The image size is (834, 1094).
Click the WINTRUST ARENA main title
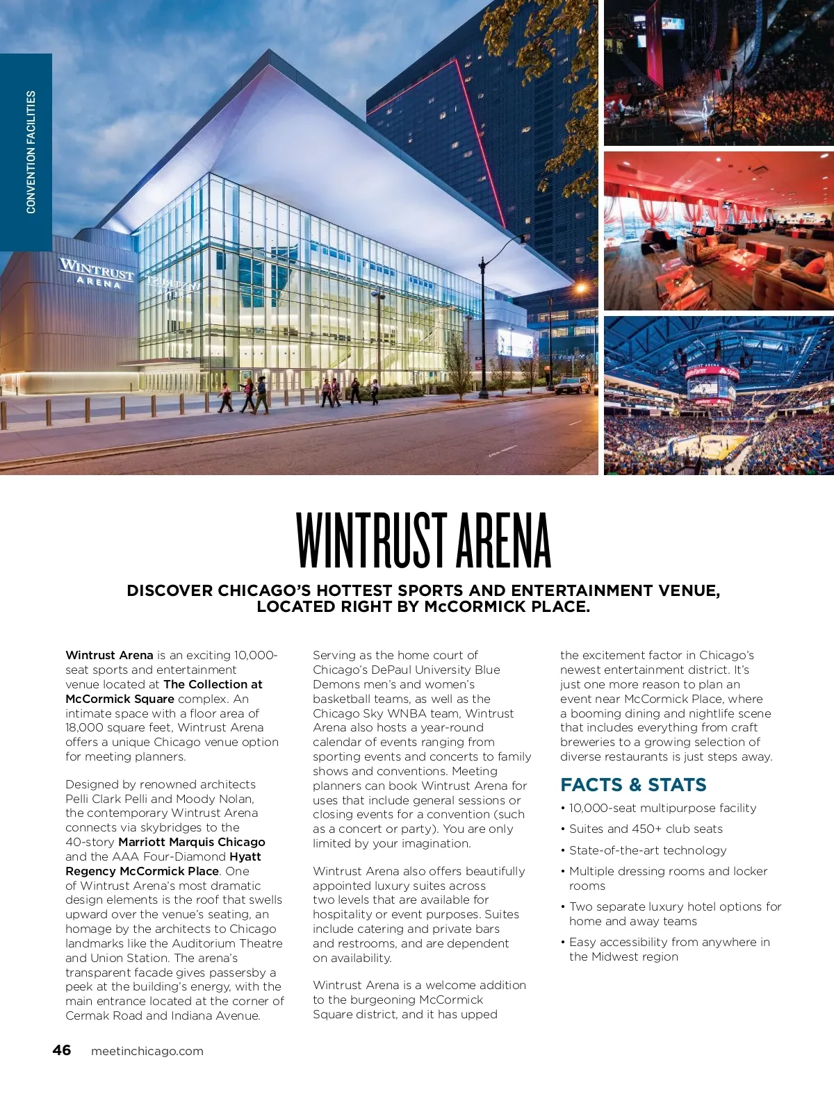pos(423,541)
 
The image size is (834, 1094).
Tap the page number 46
pos(61,1050)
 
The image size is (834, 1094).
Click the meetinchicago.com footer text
pos(147,1051)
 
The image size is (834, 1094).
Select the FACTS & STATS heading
pos(633,785)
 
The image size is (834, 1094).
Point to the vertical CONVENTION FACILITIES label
pos(31,151)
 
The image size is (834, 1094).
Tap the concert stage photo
pos(719,72)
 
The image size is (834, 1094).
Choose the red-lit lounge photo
pos(719,231)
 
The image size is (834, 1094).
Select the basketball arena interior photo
pos(719,396)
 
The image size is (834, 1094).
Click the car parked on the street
pos(573,386)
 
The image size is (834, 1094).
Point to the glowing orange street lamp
pos(579,287)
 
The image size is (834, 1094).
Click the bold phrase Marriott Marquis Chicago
pos(192,842)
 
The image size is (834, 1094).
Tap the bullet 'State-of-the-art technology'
pos(648,850)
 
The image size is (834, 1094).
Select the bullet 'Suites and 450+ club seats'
pos(646,829)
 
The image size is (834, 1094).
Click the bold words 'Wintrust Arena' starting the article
pos(109,655)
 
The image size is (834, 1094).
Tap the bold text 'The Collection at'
pos(213,684)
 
